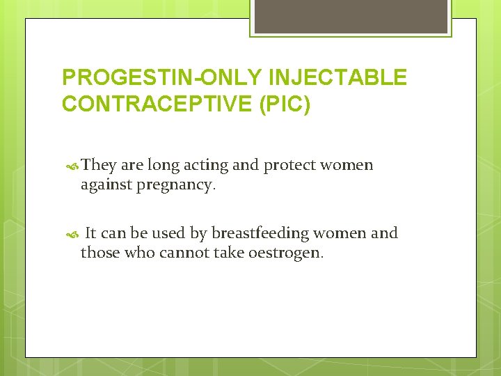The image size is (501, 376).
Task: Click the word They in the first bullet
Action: pos(99,166)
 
